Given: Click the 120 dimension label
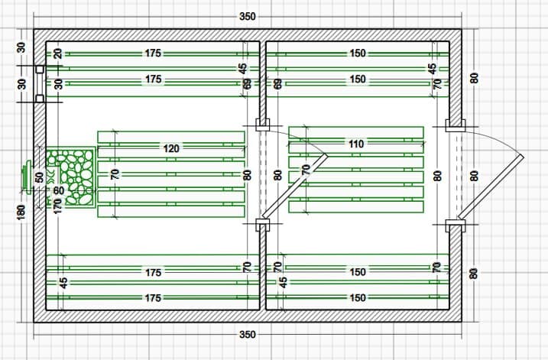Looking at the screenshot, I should tap(172, 149).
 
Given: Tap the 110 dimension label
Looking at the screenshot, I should tap(356, 144).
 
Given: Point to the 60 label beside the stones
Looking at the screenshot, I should tap(59, 190).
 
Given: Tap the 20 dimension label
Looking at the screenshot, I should tap(57, 54).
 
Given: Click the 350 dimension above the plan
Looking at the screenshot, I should tap(248, 17).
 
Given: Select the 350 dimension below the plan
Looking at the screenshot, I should tap(248, 335).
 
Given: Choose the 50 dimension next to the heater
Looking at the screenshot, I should tap(40, 177).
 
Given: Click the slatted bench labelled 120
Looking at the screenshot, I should tap(171, 176).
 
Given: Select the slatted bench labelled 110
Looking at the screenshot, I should tap(356, 170).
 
